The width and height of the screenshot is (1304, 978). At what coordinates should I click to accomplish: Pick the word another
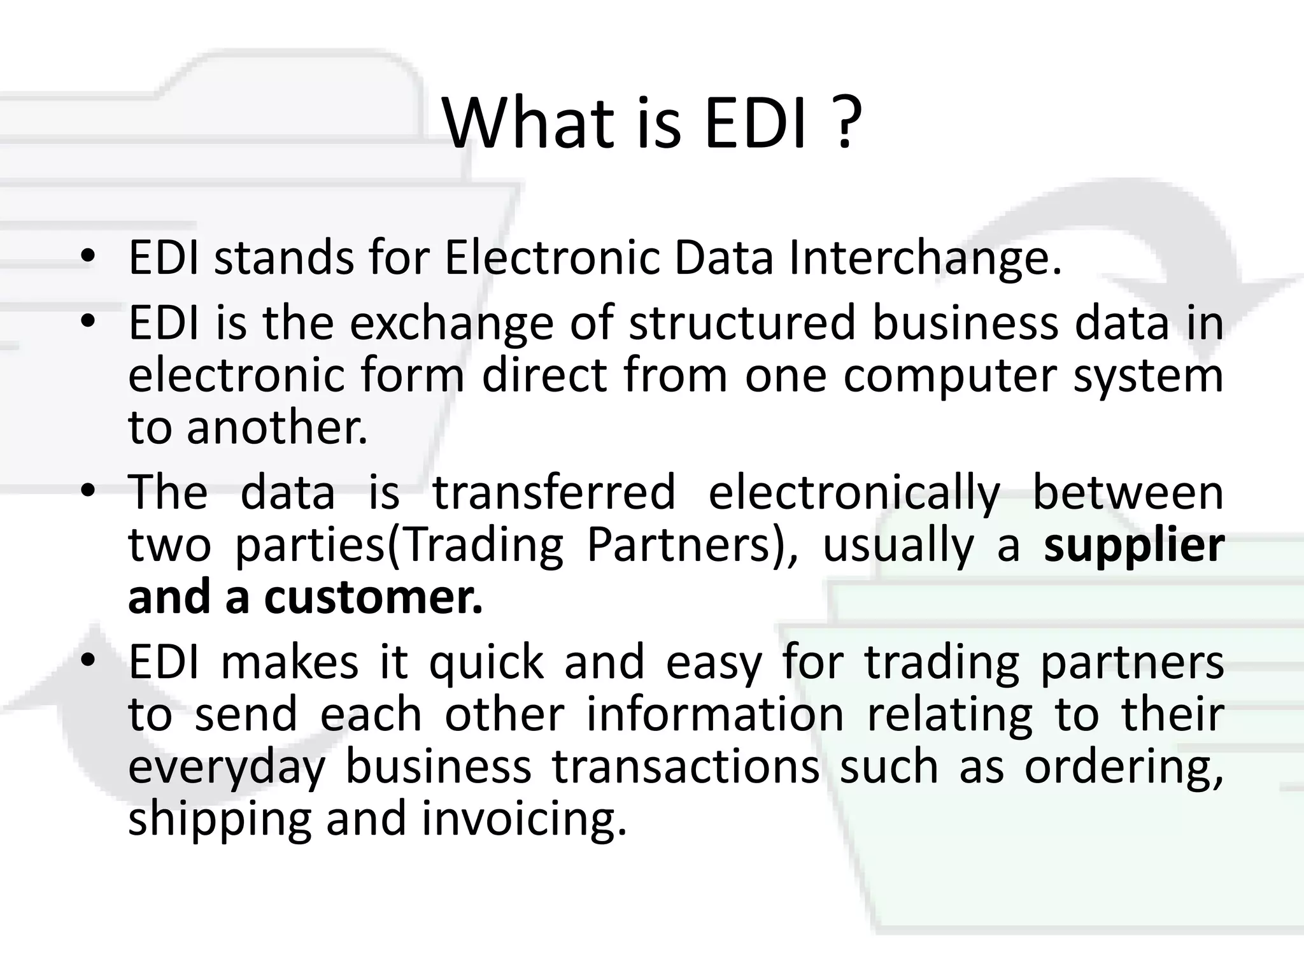tap(277, 428)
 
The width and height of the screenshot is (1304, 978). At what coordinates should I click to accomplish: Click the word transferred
tap(553, 492)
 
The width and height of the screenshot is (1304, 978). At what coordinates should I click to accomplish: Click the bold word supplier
tap(1133, 546)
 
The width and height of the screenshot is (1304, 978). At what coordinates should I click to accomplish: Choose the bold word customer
tap(374, 598)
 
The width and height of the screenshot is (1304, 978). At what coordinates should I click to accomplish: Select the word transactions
tap(686, 767)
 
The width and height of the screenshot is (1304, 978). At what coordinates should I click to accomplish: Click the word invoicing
tap(523, 820)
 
